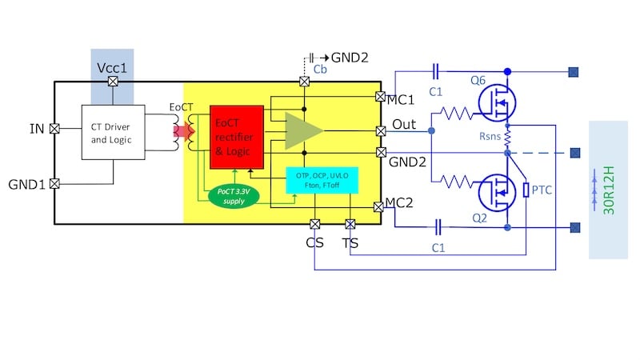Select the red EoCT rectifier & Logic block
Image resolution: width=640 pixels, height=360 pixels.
coord(236,136)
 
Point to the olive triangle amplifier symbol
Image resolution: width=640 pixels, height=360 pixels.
coord(302,130)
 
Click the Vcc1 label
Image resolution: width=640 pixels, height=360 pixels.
coord(113,68)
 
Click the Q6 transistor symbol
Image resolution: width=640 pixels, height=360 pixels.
coord(496,101)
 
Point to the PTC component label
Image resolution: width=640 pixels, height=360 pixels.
coord(545,190)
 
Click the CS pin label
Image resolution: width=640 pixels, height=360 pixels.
coord(314,242)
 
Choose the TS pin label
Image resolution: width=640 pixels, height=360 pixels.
coord(350,242)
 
